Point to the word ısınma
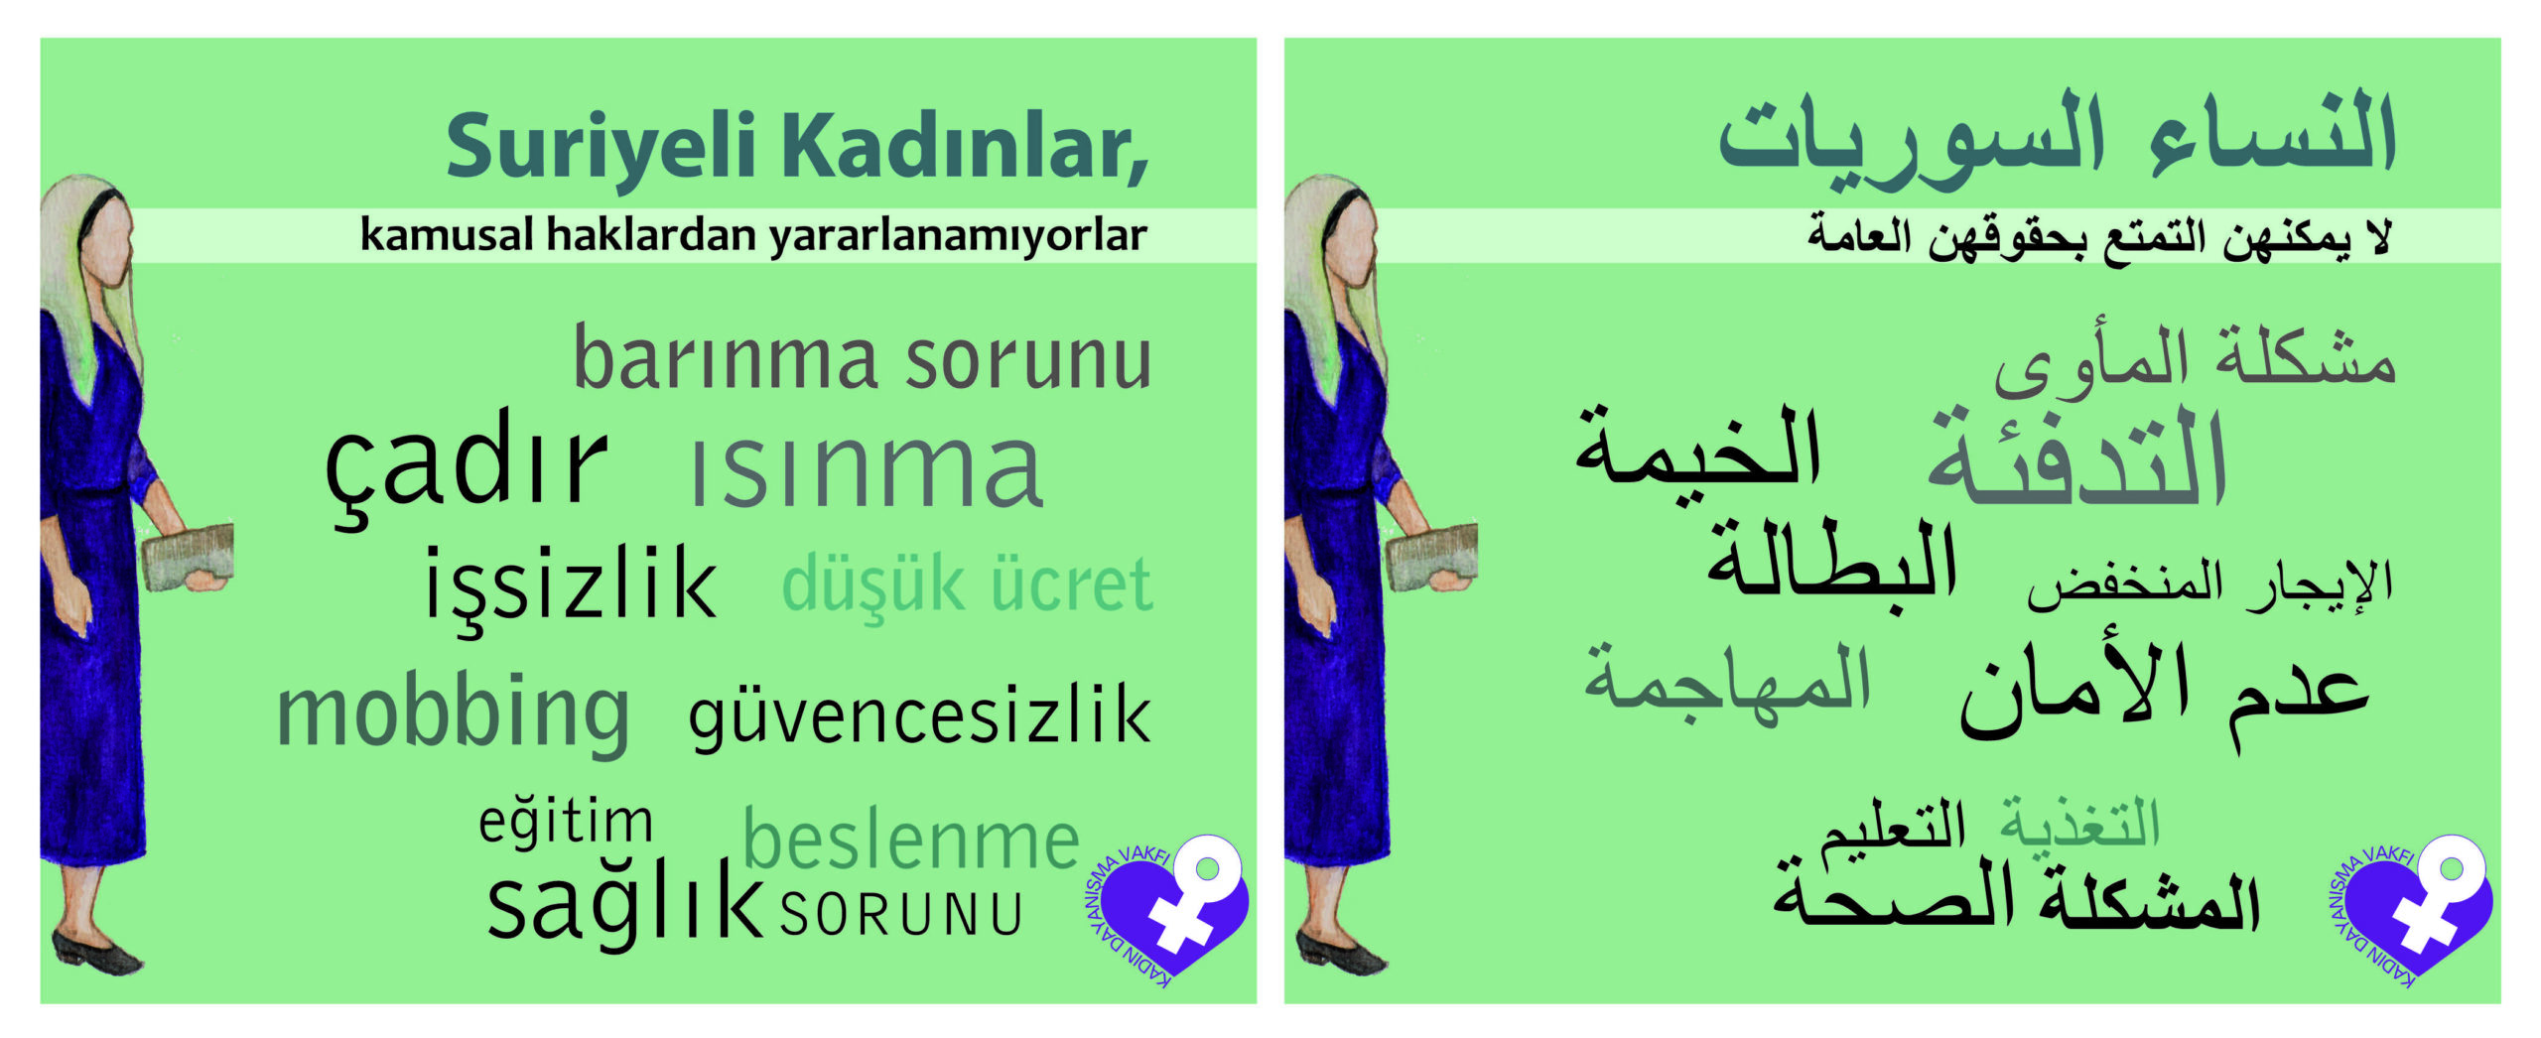pyautogui.click(x=867, y=470)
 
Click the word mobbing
pyautogui.click(x=453, y=713)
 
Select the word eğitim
pyautogui.click(x=566, y=823)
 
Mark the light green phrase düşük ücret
pyautogui.click(x=968, y=587)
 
